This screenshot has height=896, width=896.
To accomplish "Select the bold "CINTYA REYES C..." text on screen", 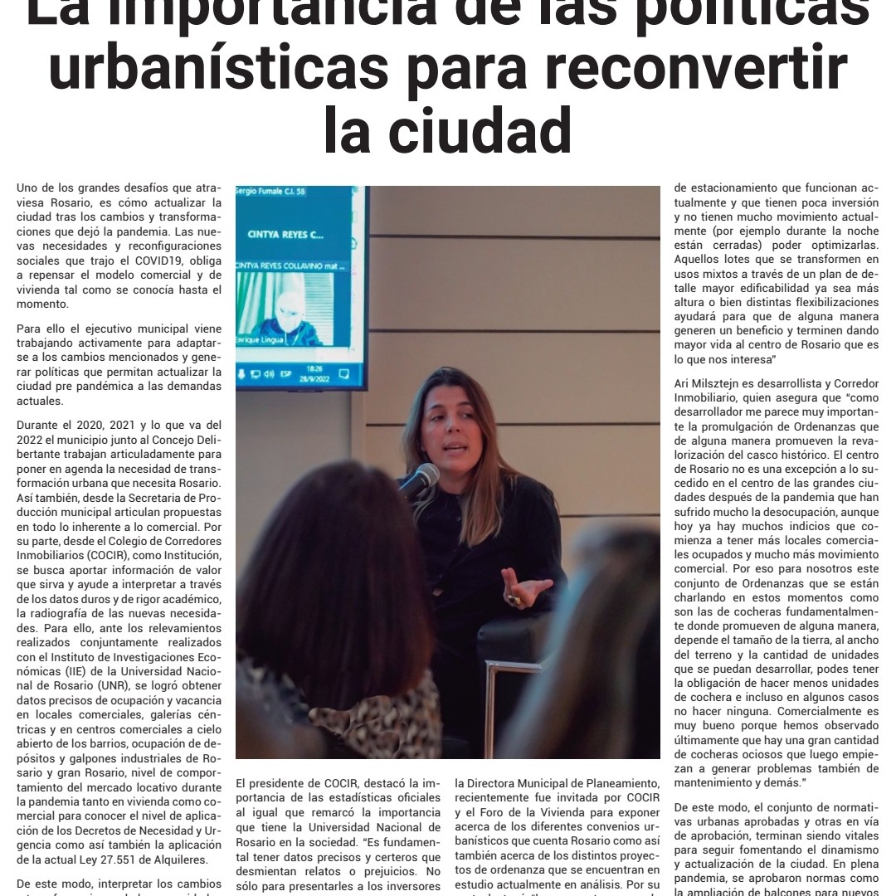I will click(x=285, y=234).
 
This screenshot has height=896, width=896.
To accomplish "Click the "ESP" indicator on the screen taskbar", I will click(x=286, y=374).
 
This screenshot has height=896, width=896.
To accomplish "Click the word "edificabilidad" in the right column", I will click(x=795, y=288).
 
